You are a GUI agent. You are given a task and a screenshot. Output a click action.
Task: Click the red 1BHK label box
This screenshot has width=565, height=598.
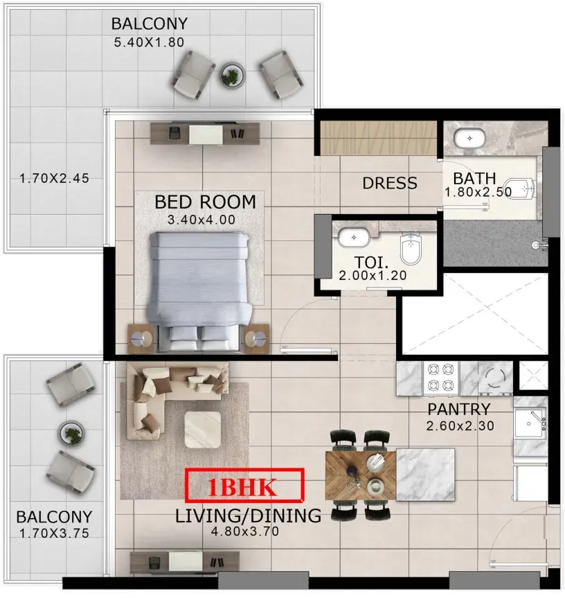pos(244,486)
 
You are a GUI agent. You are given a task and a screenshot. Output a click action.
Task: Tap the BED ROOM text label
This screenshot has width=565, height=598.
pos(205,202)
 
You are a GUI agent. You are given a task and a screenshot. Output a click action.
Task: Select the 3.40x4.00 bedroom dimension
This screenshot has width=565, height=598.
pos(201,220)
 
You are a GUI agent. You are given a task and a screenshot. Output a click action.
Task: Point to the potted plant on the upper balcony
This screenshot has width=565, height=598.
pos(232,75)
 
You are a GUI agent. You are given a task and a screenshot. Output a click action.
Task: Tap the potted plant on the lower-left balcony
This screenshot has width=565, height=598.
pos(71,433)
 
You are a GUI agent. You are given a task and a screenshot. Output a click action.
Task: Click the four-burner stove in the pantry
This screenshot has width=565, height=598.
pos(441,378)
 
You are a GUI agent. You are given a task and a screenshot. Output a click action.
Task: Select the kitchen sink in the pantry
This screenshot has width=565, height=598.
pos(530,423)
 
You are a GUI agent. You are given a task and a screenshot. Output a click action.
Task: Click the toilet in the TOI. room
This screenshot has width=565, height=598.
pos(411,249)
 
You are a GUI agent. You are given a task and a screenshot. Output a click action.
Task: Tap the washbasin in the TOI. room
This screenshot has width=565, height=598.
pos(354,238)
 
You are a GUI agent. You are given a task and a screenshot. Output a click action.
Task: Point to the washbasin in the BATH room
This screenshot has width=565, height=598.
pos(469,139)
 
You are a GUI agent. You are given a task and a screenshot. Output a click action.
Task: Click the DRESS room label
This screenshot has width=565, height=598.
pos(390,183)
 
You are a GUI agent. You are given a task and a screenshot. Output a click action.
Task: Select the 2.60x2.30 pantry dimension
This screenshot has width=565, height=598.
pos(460,425)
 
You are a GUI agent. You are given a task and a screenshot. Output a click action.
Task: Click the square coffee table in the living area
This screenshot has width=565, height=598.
pos(203,430)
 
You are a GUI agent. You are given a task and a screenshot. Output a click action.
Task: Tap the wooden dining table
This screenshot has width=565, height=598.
pos(361,475)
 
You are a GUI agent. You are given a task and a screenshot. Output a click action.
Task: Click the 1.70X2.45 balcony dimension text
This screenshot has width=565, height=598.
pos(54,178)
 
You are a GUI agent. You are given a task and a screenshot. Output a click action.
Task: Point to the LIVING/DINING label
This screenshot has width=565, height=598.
pos(248,516)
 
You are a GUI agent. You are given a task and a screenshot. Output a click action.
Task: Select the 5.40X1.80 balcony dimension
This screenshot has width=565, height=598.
pos(149,42)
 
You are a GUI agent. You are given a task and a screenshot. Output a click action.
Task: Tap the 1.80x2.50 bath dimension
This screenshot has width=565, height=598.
pos(478,192)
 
